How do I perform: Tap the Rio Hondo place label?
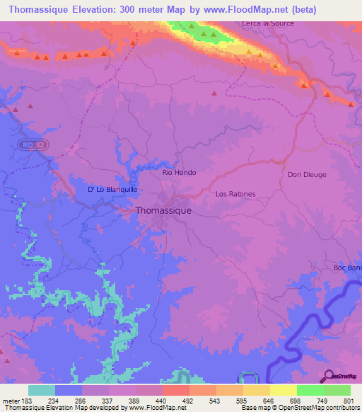tap(179, 172)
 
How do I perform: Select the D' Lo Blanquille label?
tap(112, 190)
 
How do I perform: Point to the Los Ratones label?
tap(235, 193)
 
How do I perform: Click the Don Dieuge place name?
tap(305, 174)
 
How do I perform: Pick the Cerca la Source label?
tap(268, 23)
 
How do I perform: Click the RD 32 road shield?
tap(28, 144)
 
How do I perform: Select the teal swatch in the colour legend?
tap(41, 390)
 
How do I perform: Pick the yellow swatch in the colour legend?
tap(283, 390)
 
